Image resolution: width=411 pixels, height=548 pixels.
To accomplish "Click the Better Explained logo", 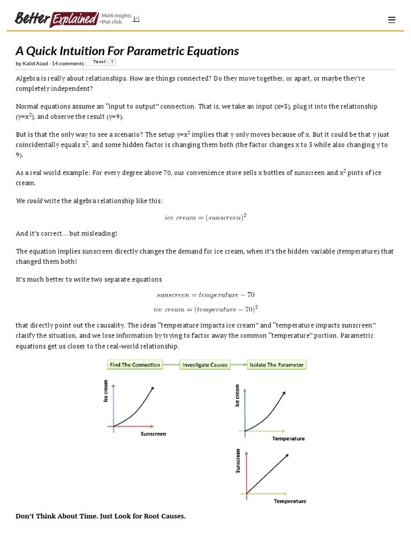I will [57, 19].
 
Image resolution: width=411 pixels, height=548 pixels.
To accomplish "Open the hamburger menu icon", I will [392, 20].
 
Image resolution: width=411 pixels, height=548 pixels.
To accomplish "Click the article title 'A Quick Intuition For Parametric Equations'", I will [127, 51].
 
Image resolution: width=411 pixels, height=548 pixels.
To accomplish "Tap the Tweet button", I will [99, 62].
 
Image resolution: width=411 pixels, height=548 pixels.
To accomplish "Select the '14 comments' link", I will [68, 63].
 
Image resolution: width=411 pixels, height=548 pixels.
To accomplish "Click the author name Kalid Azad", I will [35, 63].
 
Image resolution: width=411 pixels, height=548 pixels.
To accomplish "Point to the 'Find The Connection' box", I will [135, 365].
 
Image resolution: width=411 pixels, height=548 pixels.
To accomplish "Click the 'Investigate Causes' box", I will [205, 365].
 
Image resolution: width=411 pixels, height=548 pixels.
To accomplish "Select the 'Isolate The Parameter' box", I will [277, 365].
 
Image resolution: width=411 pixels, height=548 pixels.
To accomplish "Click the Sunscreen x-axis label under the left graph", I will [153, 434].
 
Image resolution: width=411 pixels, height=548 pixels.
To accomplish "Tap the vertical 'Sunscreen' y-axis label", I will [238, 461].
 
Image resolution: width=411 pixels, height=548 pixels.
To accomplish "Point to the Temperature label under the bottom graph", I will [290, 501].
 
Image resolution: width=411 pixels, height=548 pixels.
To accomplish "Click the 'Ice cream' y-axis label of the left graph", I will [106, 391].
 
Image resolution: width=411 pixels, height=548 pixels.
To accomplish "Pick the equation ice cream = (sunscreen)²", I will [205, 217].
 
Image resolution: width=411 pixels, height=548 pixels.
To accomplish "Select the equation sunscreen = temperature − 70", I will [205, 295].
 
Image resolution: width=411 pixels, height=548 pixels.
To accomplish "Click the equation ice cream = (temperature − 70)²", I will [205, 309].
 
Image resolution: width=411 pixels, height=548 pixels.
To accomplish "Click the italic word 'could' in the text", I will [35, 201].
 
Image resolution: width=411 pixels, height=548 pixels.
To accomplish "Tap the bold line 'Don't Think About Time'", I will [101, 516].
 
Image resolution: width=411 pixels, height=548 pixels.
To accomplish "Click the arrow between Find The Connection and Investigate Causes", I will [171, 365].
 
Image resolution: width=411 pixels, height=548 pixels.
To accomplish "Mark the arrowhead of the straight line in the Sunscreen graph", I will [287, 456].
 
